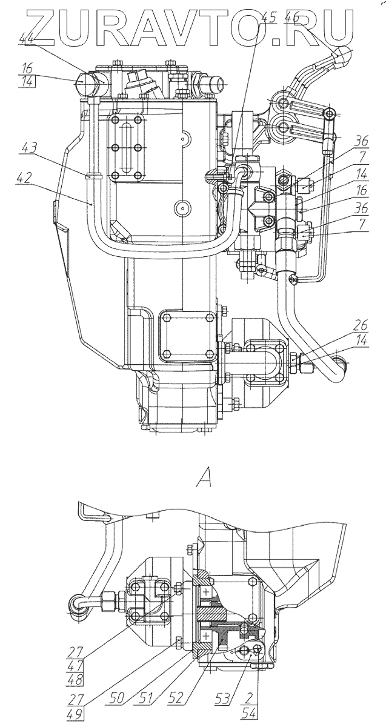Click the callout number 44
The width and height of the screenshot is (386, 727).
(26, 39)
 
